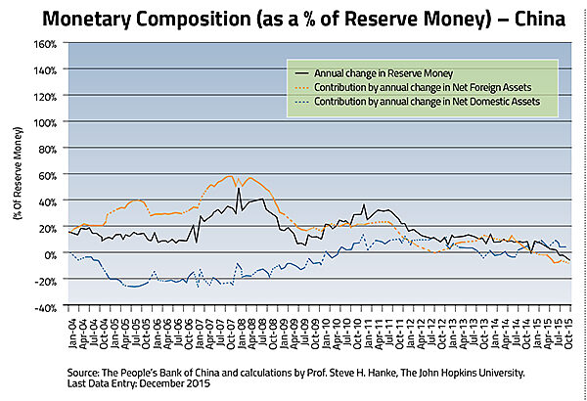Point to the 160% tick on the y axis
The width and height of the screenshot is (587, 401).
pos(45,44)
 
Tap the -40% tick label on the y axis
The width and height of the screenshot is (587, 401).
pos(47,307)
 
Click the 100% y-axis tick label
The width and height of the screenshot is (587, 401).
pos(45,122)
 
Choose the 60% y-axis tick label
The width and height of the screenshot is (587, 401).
pos(48,175)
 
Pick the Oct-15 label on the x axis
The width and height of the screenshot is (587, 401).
pos(567,329)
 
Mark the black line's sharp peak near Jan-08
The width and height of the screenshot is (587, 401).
pos(239,188)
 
